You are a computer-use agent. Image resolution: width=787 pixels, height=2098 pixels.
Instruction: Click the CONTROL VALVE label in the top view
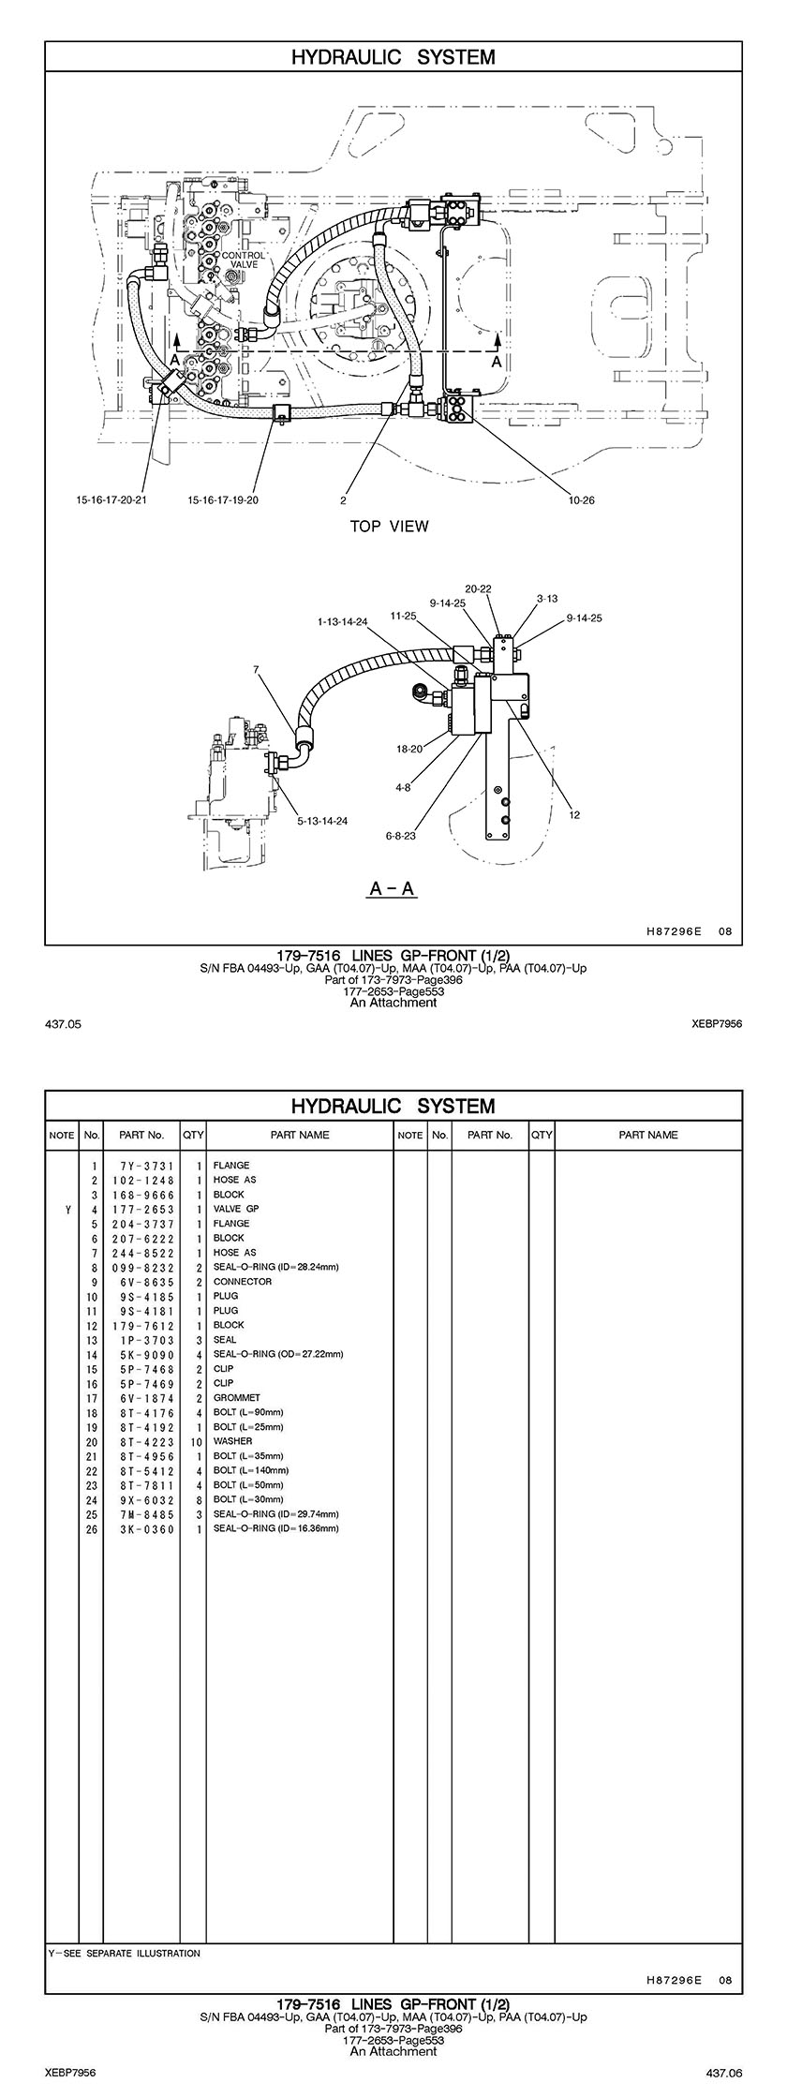tap(244, 260)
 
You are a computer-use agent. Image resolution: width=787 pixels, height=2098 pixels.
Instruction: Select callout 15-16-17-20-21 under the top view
tap(111, 499)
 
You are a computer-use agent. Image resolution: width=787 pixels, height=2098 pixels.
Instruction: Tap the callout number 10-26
tap(581, 499)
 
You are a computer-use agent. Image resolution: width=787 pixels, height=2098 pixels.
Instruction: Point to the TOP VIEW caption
tap(389, 527)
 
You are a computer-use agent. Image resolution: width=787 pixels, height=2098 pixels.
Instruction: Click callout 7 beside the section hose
tap(256, 669)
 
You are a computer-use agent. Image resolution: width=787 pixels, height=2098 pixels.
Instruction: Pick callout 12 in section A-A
tap(574, 814)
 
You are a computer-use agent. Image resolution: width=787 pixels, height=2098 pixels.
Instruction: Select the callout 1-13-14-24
tap(343, 620)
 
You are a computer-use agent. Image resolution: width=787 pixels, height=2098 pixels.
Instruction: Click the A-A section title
tap(393, 888)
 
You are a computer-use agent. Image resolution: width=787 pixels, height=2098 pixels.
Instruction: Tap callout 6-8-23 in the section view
tap(400, 835)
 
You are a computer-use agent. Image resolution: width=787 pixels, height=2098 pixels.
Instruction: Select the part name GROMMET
tap(236, 1397)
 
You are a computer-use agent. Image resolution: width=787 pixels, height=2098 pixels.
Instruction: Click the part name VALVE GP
tap(236, 1209)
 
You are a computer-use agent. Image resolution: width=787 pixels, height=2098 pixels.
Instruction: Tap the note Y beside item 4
tap(68, 1209)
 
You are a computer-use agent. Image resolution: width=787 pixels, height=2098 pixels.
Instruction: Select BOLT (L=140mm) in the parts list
tap(248, 1470)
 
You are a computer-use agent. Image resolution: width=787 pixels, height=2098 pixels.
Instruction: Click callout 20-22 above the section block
tap(478, 588)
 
